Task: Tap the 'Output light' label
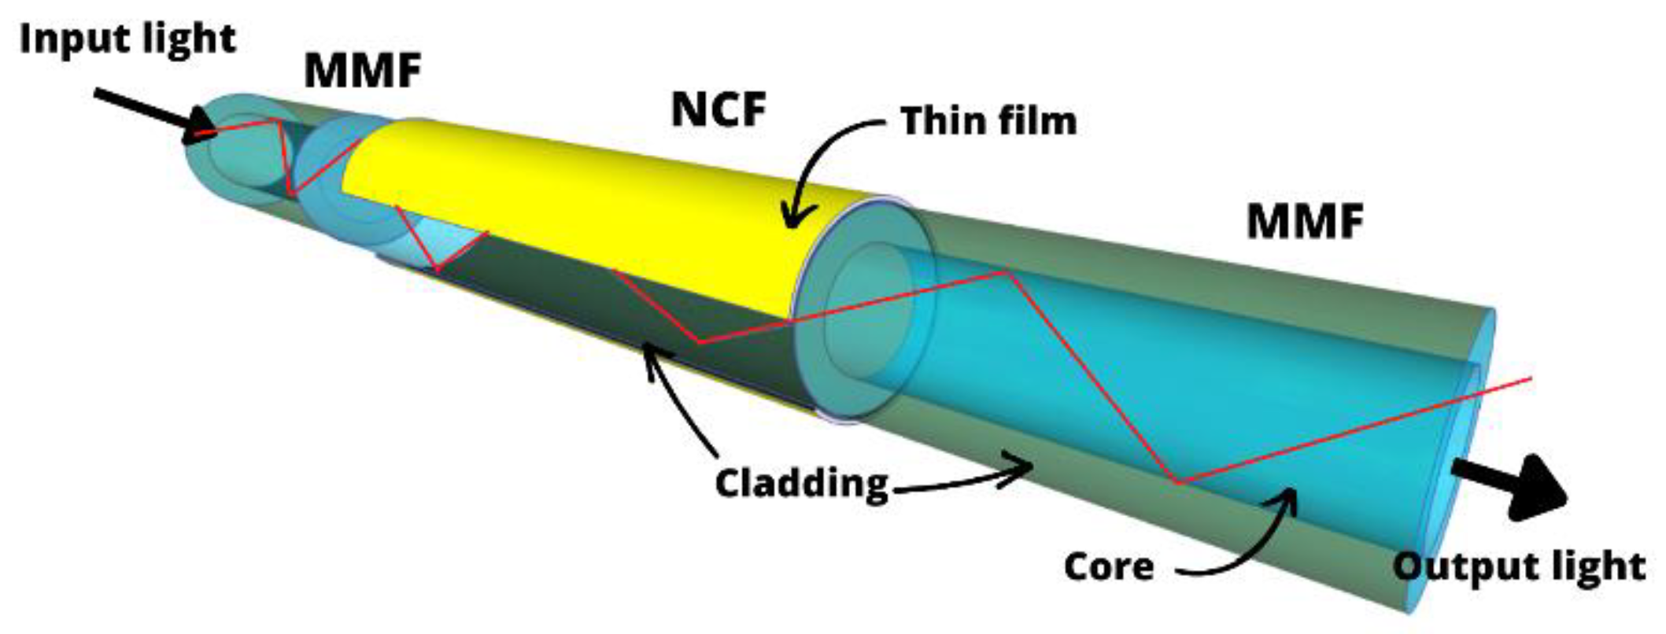1519,566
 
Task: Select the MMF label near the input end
363,72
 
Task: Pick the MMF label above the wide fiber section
1305,222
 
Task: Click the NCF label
718,109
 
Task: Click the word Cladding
801,482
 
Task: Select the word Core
1109,566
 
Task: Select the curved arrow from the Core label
1251,543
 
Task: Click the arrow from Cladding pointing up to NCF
677,401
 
